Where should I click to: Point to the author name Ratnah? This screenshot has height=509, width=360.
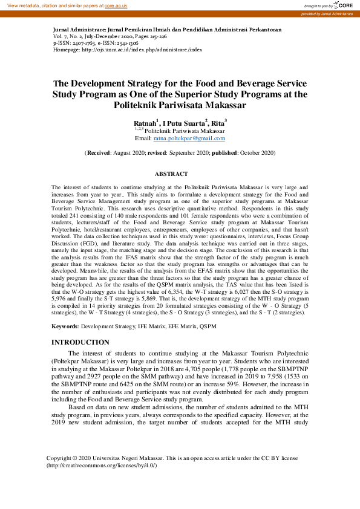pos(144,123)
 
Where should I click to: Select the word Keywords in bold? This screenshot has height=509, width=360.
pos(65,327)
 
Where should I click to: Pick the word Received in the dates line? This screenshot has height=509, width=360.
pos(100,154)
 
